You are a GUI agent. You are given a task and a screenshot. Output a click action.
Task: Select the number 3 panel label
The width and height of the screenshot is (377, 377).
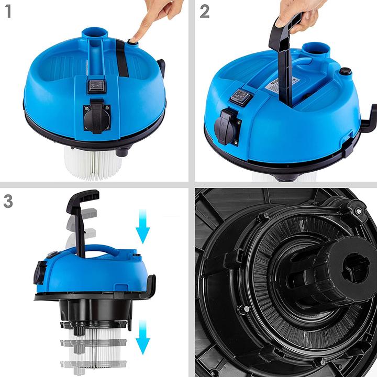8,201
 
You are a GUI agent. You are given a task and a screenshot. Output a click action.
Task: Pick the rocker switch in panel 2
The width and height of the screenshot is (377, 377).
240,97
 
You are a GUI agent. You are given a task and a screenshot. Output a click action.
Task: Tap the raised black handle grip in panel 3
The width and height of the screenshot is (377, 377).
82,199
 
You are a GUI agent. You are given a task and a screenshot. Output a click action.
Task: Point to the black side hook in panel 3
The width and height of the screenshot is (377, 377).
150,285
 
